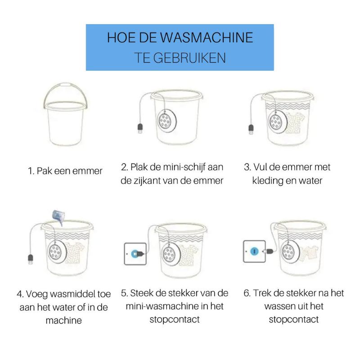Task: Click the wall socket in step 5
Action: [x=134, y=253]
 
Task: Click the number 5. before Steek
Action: [x=125, y=293]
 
